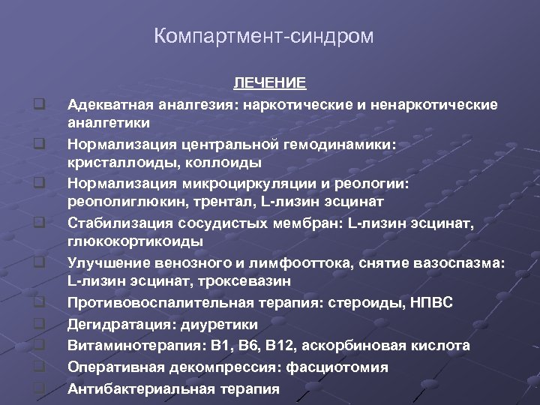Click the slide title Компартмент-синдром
pos(263,36)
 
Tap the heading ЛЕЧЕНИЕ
pos(269,82)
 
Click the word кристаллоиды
pos(112,162)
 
